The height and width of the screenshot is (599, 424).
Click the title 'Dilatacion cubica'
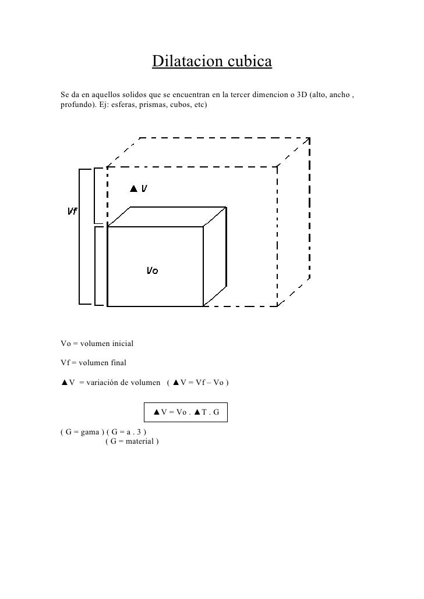pyautogui.click(x=212, y=61)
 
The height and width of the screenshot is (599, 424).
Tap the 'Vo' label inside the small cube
pyautogui.click(x=151, y=270)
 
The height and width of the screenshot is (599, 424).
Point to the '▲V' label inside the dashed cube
pyautogui.click(x=138, y=188)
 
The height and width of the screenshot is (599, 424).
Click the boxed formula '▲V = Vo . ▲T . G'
pyautogui.click(x=186, y=412)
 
